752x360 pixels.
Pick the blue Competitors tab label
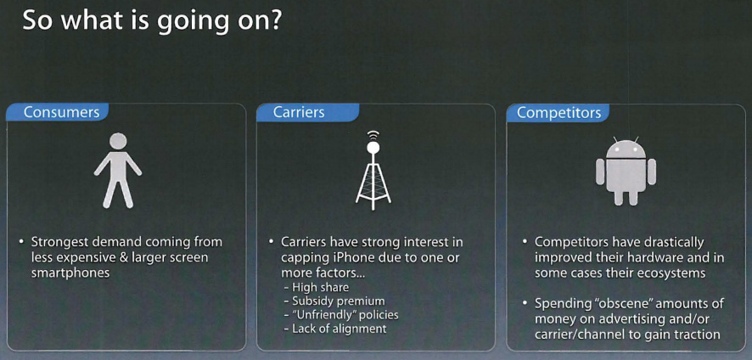pos(558,112)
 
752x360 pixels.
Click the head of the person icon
pos(118,141)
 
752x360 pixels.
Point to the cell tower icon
pos(373,171)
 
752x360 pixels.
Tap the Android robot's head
pos(626,149)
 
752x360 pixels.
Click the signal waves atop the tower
pos(373,135)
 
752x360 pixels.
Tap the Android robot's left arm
pos(600,172)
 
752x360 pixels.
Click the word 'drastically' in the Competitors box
pos(672,242)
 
